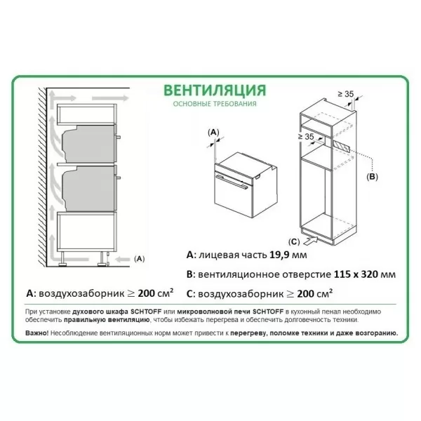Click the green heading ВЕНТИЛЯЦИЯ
(215, 91)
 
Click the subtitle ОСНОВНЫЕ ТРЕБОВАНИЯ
(215, 104)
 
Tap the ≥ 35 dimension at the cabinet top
(345, 94)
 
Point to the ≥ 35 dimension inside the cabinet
(306, 137)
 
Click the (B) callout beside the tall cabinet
(372, 177)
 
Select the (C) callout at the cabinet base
(294, 242)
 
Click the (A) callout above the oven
(213, 133)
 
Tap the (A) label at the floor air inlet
(139, 259)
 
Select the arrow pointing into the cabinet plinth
(310, 240)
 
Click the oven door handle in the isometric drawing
(232, 182)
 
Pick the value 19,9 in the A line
(279, 255)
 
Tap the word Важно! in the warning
(37, 333)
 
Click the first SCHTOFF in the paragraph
(146, 312)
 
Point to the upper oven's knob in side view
(118, 138)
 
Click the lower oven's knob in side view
(118, 178)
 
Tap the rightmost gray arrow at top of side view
(110, 98)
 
